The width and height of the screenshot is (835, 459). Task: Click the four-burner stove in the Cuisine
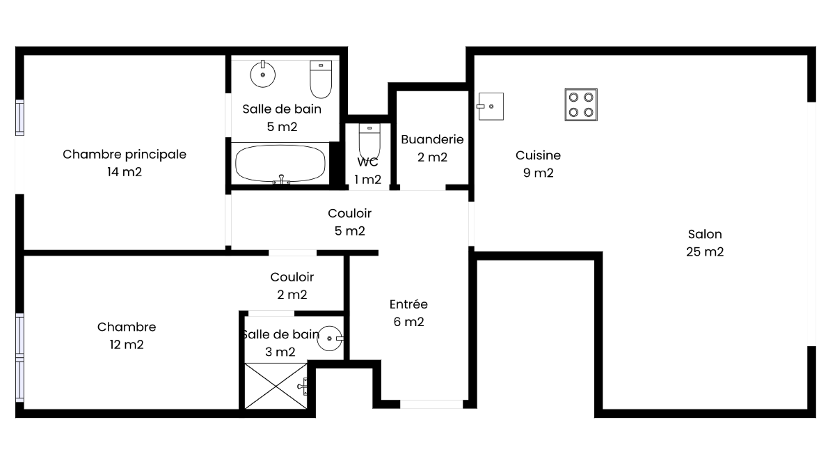pos(581,105)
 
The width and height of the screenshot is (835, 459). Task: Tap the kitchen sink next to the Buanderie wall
pos(490,106)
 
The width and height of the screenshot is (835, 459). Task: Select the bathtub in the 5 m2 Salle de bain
pos(280,164)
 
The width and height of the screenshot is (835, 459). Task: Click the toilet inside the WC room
pos(370,140)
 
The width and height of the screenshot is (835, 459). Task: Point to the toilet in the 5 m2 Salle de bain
pos(321,79)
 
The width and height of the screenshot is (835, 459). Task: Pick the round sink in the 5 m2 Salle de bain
pos(263,74)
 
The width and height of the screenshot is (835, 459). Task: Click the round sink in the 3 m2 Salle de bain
pos(330,338)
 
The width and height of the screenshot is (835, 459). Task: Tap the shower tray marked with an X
pos(276,386)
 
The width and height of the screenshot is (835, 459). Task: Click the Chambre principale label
pos(125,155)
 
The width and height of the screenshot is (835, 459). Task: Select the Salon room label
pos(705,234)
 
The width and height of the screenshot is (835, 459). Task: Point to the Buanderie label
pos(432,139)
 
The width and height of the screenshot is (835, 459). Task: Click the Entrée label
pos(409,304)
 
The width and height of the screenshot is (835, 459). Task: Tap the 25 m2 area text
pos(705,252)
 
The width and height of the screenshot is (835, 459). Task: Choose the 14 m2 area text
pos(125,172)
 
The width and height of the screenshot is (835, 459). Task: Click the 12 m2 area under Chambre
pos(126,345)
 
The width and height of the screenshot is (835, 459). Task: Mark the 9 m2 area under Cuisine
pos(538,173)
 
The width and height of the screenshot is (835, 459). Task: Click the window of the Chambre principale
pos(19,117)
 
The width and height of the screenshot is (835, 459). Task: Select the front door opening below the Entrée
pos(431,404)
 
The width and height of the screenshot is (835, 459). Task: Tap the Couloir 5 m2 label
pos(350,222)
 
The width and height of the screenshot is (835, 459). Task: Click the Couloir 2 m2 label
pos(292,286)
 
